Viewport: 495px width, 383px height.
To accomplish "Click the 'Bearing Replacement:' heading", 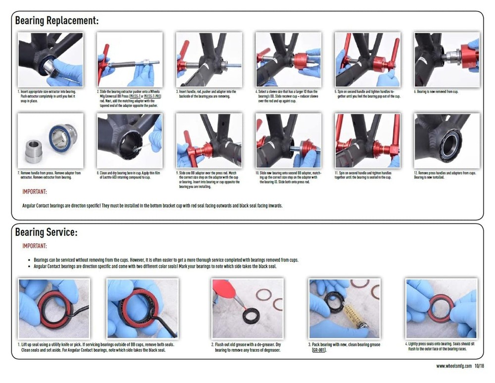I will point(56,21).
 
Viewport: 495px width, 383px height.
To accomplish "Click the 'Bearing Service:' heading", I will point(46,232).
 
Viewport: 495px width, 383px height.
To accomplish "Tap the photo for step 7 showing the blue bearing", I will point(50,140).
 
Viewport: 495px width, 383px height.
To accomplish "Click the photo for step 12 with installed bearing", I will point(447,140).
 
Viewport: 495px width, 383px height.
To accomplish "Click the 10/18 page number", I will point(479,366).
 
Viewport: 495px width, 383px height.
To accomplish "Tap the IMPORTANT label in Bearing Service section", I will point(35,246).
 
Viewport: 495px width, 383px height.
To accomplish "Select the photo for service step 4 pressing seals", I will point(441,308).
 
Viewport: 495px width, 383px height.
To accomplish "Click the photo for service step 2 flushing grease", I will point(247,308).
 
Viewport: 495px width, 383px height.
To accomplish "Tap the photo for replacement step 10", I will point(288,140).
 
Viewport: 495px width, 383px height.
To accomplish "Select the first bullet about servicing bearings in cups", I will point(166,260).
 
